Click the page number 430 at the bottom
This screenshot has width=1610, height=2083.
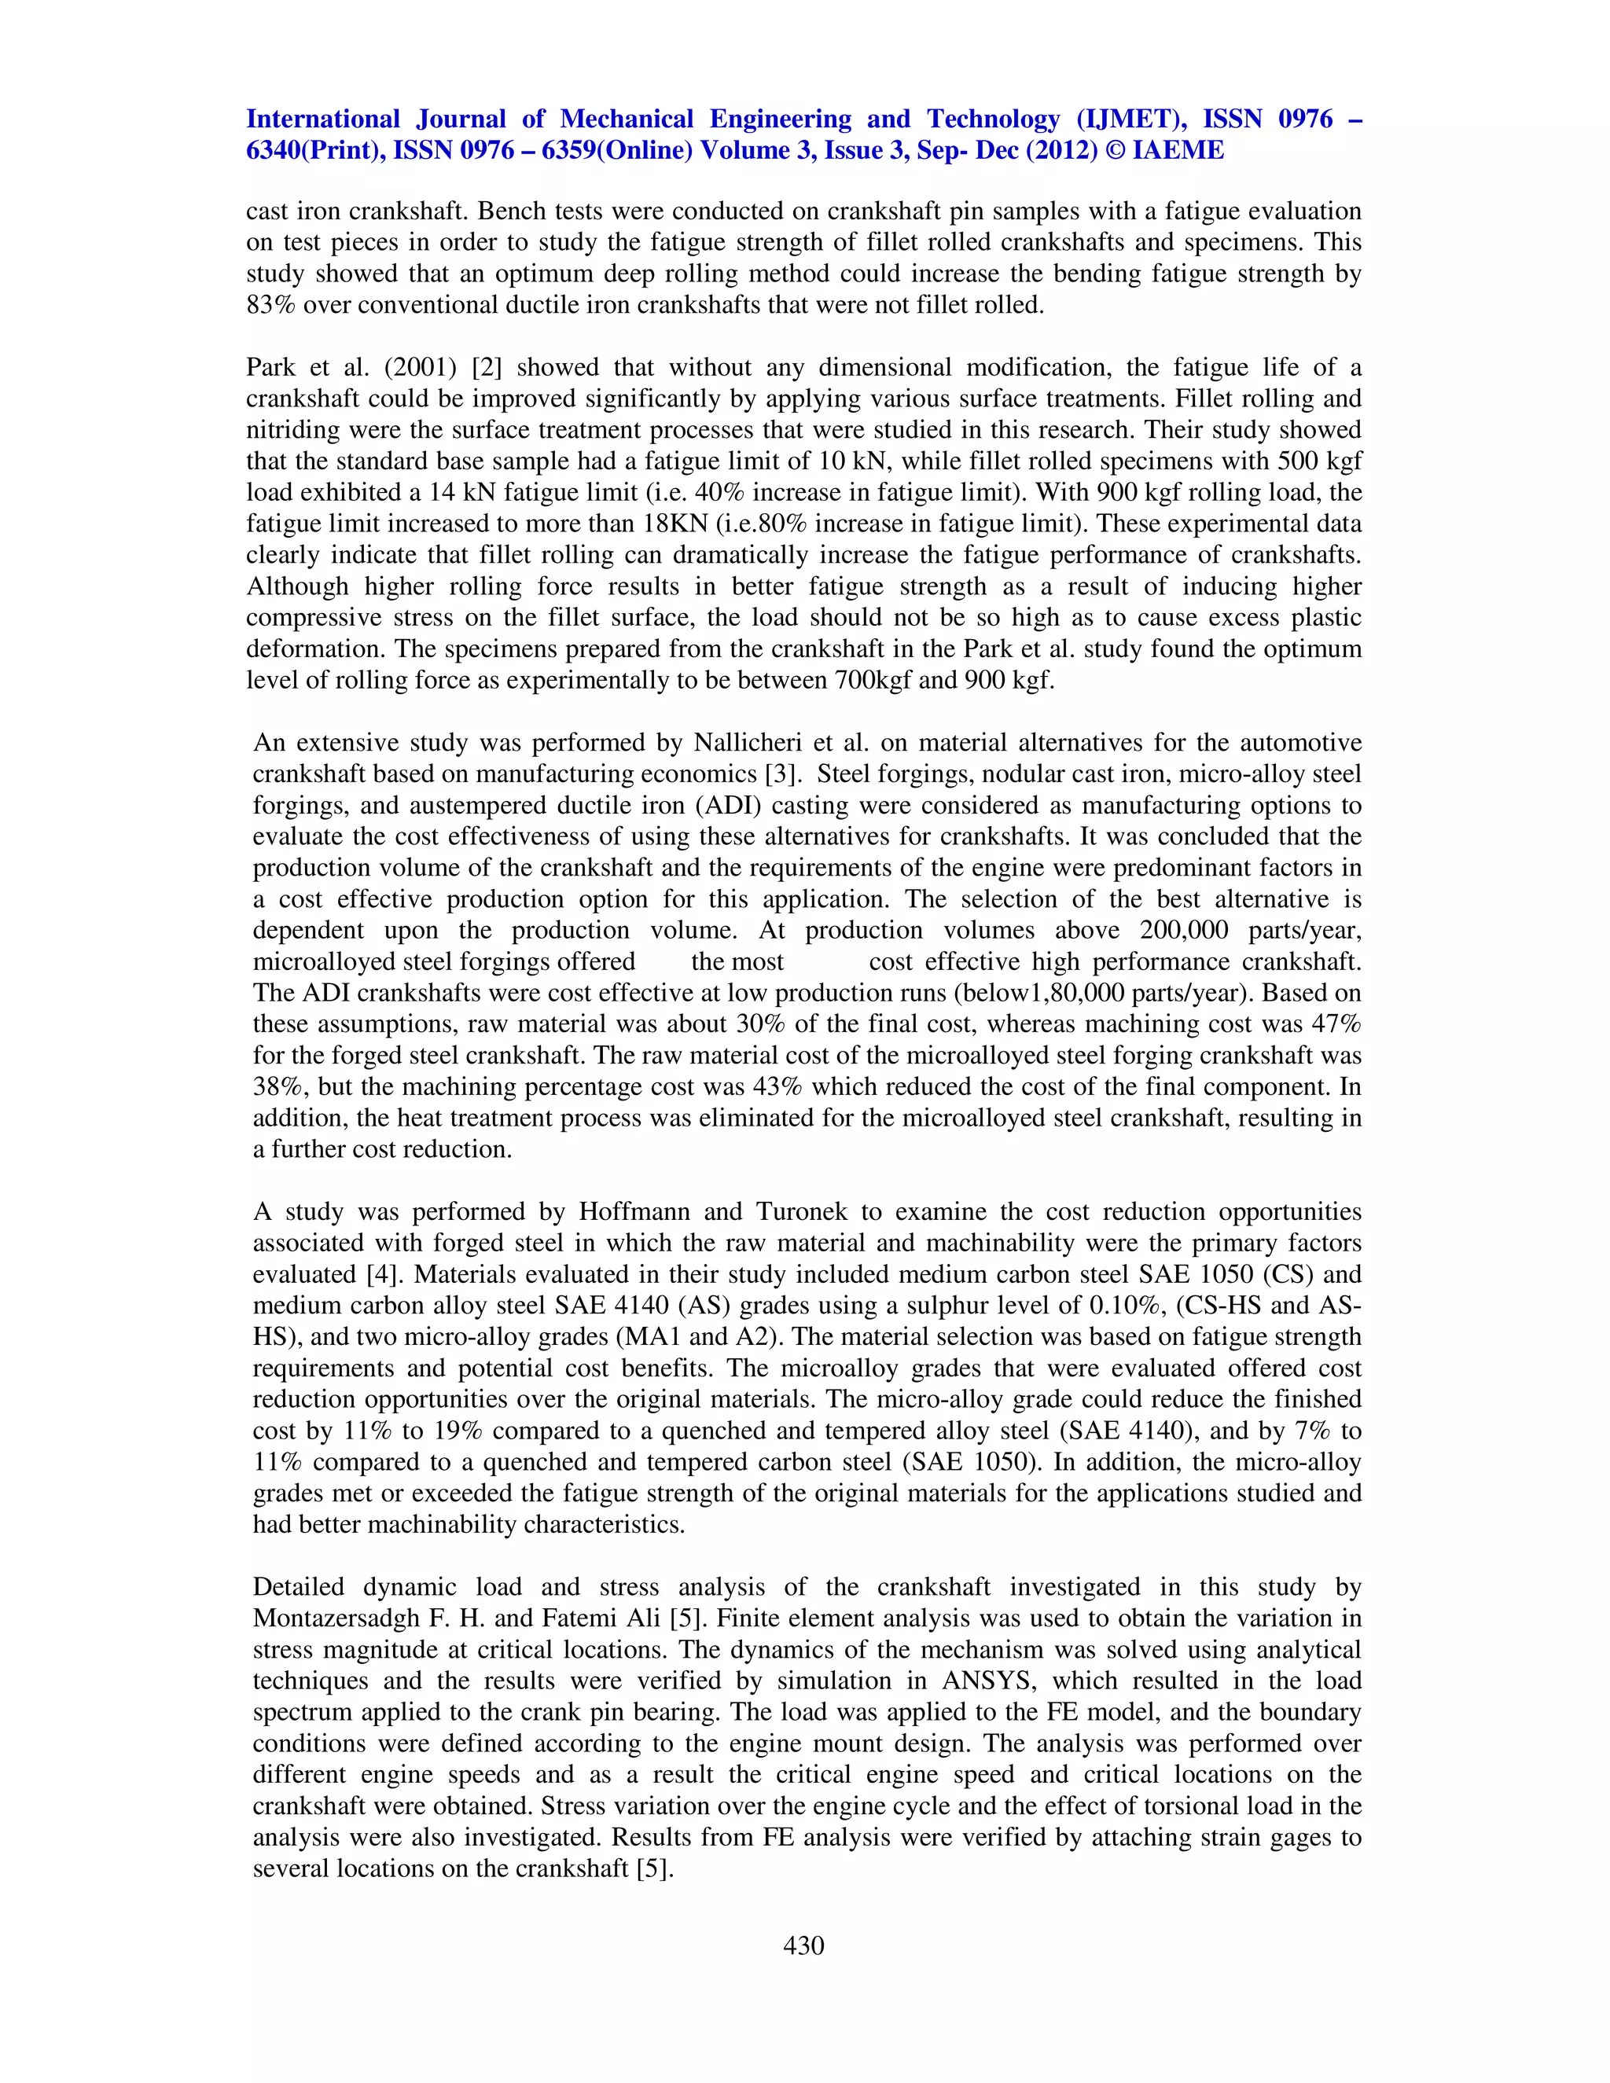click(x=803, y=1945)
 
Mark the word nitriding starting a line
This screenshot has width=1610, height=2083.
click(x=285, y=430)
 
